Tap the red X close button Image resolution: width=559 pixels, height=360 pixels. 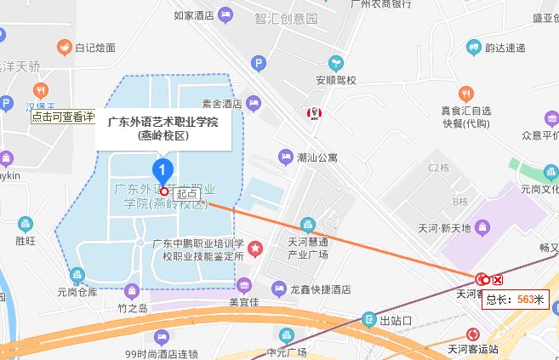(x=498, y=279)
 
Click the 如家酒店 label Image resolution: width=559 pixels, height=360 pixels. (x=192, y=14)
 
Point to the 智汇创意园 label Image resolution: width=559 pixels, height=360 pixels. (x=285, y=18)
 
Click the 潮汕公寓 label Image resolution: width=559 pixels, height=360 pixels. (x=317, y=157)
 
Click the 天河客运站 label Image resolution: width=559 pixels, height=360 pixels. (x=473, y=349)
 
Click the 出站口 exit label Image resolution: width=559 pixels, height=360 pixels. (x=396, y=321)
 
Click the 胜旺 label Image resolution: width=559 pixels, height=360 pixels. (x=26, y=241)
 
